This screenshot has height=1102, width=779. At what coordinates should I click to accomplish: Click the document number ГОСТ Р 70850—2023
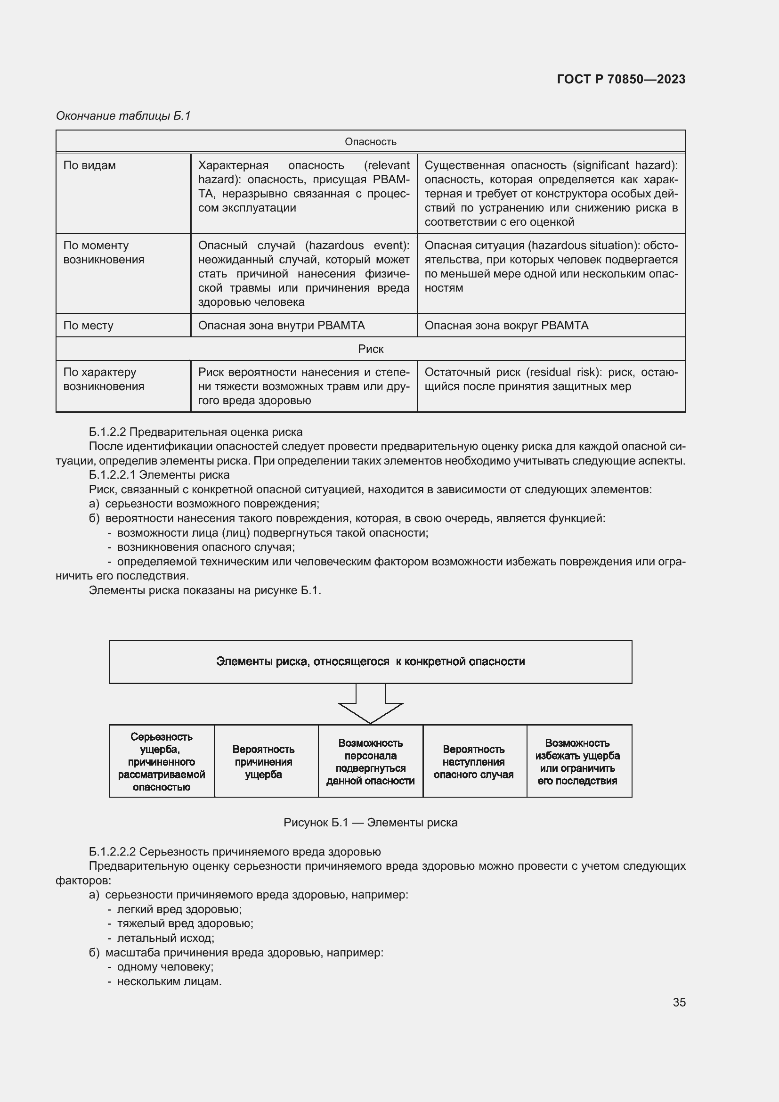621,79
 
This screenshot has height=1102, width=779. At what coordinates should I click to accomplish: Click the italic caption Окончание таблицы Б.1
123,116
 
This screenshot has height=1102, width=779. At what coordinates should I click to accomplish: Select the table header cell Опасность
370,142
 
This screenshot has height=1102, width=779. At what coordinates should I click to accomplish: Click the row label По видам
89,165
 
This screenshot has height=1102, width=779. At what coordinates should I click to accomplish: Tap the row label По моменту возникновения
104,253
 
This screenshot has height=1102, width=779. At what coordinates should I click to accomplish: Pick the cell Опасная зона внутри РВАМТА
282,326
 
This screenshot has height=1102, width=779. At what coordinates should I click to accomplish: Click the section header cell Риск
370,349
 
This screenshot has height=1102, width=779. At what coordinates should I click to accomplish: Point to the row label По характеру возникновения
104,379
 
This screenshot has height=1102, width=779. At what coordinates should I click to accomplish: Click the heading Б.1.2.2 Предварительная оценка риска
196,432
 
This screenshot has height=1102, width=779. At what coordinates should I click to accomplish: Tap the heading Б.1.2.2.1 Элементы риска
159,475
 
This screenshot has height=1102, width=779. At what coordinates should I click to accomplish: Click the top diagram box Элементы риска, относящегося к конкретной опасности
370,661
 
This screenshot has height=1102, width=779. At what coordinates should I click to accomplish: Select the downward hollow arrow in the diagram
370,704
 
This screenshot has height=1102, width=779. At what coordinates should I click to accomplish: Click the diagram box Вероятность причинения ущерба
263,762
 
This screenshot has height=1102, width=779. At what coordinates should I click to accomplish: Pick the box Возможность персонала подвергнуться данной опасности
370,762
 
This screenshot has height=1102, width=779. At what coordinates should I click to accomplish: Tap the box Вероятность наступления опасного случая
473,762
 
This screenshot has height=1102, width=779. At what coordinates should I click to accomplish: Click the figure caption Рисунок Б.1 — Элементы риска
370,823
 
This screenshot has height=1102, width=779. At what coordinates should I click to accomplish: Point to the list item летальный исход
165,938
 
